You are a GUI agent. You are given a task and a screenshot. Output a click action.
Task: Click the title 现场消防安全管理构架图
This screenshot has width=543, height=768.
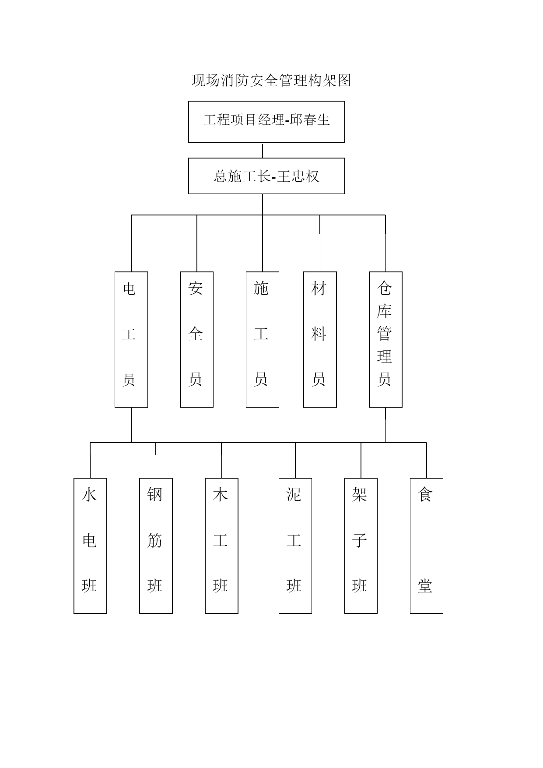click(271, 80)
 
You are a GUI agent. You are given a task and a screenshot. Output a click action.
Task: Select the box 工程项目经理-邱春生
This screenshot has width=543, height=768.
click(266, 122)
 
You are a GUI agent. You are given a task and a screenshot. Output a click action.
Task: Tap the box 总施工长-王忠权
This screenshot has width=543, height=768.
click(266, 176)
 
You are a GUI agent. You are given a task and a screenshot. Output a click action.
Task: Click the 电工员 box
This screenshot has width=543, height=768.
click(131, 339)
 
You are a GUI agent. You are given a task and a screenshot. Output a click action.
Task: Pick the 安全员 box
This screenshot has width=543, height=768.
click(197, 339)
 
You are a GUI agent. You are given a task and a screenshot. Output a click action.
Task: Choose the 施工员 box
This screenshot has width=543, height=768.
click(263, 339)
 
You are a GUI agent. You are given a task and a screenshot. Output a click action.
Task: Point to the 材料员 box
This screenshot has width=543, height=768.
click(320, 339)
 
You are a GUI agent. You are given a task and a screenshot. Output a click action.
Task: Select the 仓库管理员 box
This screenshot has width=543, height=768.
click(385, 339)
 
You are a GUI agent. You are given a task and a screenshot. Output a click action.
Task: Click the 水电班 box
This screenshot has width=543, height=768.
click(90, 546)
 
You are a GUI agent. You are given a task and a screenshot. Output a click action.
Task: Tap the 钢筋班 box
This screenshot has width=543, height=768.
click(156, 546)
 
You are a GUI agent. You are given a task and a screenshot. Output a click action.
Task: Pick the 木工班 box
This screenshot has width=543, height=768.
click(221, 546)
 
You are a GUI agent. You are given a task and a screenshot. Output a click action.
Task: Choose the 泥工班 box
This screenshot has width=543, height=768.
click(295, 546)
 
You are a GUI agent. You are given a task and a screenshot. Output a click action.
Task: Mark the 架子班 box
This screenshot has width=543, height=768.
click(361, 546)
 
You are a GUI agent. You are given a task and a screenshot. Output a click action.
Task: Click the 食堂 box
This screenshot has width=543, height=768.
click(427, 546)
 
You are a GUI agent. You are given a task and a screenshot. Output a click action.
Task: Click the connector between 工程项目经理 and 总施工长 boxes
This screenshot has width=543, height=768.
click(263, 151)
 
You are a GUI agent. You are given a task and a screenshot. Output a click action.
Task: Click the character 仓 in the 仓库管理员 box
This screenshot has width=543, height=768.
click(384, 288)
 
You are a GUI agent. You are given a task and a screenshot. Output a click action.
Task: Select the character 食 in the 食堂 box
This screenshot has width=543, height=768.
click(425, 495)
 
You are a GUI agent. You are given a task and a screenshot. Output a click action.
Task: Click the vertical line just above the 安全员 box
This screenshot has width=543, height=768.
click(197, 243)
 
